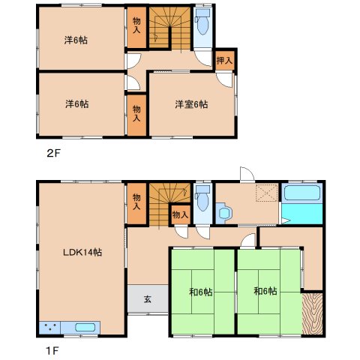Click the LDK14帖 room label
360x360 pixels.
click(82, 252)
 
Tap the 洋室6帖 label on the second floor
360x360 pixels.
click(191, 104)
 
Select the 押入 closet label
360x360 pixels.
click(224, 60)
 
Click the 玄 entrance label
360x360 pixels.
click(148, 299)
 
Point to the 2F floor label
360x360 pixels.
click(54, 153)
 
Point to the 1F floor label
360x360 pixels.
click(52, 351)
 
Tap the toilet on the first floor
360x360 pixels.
click(202, 198)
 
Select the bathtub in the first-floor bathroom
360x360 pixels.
click(302, 192)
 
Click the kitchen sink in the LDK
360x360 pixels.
click(85, 327)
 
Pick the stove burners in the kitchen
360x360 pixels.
click(50, 327)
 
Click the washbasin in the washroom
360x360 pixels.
click(224, 213)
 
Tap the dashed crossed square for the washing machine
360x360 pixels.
click(267, 193)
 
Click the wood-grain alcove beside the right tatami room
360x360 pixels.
click(312, 313)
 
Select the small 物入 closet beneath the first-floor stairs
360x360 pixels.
click(180, 214)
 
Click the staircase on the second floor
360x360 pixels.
click(170, 28)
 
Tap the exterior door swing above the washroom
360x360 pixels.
click(247, 174)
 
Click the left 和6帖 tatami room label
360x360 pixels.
click(201, 292)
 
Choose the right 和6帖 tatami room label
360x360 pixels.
click(265, 291)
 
